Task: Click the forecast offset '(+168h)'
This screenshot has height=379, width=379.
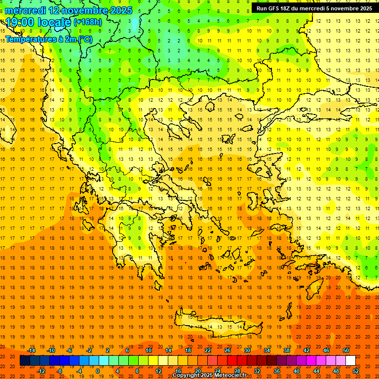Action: pos(87,22)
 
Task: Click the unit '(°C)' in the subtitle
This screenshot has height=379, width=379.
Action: pos(83,38)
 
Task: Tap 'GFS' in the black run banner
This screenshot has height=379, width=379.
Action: pos(273,8)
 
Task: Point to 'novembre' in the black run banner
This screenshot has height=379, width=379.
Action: pos(344,8)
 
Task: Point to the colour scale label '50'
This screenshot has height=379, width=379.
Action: pos(346,350)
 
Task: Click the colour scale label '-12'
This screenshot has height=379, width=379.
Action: pos(41,371)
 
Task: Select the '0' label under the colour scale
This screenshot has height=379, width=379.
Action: pos(98,371)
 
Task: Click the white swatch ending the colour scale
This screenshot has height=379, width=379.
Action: pos(350,361)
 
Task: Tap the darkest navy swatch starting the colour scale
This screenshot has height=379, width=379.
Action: pos(25,361)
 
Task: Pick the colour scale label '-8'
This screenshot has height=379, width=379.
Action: pos(60,371)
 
